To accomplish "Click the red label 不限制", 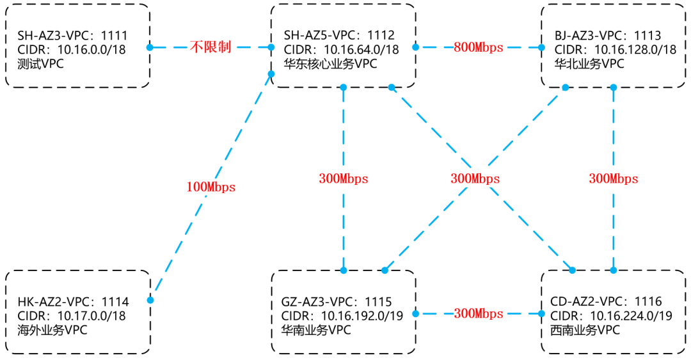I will click(210, 47).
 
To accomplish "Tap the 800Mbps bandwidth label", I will click(479, 47).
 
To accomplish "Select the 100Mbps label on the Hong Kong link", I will click(211, 187).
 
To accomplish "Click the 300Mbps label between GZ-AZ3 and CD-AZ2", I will click(479, 313).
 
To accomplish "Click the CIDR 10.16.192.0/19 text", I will click(342, 316).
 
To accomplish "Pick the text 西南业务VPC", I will click(585, 330).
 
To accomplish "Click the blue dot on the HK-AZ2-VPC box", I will click(150, 300).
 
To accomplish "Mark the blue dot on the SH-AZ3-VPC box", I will click(149, 47).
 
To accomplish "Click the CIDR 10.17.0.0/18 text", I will click(72, 316).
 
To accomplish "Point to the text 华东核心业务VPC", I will click(330, 63).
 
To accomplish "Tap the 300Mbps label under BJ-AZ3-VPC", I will click(614, 179).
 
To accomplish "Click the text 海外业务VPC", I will click(52, 330).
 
